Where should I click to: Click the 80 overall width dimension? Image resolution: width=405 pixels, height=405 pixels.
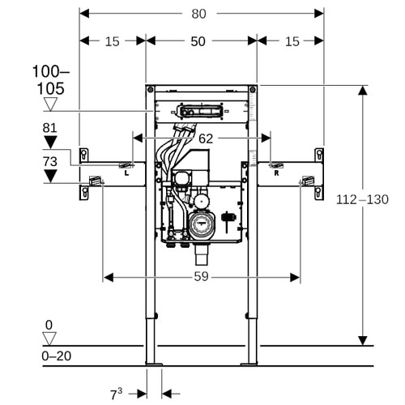(198, 14)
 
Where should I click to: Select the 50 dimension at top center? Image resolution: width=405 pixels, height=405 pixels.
(198, 41)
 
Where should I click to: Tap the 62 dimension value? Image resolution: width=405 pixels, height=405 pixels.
(206, 139)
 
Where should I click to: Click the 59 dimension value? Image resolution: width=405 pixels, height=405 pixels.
(201, 276)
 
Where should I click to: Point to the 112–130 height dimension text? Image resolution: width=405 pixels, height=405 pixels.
(362, 199)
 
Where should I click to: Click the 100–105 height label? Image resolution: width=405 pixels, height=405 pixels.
(51, 80)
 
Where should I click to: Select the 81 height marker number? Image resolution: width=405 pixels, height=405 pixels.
(50, 128)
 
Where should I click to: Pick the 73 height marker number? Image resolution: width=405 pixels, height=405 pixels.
(50, 161)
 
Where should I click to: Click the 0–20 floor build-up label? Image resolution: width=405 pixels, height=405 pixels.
(57, 356)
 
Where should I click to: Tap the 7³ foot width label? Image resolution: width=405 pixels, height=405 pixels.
(116, 394)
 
